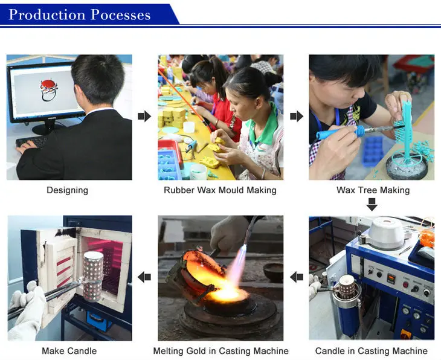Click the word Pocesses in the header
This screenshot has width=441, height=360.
pos(121,15)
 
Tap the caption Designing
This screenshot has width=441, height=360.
pos(68,190)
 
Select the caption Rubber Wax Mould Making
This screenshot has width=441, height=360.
pos(220,190)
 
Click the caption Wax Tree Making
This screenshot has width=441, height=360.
pos(373,190)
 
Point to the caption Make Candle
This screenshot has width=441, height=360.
pos(69,351)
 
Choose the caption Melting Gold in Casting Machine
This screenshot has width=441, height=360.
pos(220,351)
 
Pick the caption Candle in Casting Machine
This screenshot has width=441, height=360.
pos(372,351)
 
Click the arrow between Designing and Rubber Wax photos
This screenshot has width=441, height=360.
pos(144,116)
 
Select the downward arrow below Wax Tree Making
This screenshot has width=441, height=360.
pos(372,205)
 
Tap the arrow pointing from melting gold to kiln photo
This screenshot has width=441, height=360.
pos(144,277)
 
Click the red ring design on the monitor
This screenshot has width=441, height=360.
pos(49,90)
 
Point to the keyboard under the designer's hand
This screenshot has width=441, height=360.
pos(33,142)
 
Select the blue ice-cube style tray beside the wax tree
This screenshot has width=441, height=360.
pos(373,152)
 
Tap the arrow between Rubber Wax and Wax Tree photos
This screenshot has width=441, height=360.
pos(297,116)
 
